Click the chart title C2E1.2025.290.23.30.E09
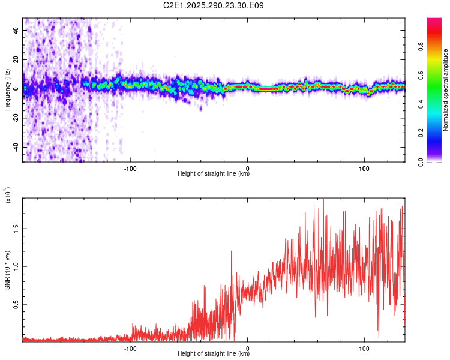214,6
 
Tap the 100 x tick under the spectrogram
364,168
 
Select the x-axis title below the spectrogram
214,174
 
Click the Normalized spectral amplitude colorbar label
445,90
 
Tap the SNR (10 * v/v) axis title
7,270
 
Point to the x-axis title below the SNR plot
214,354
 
